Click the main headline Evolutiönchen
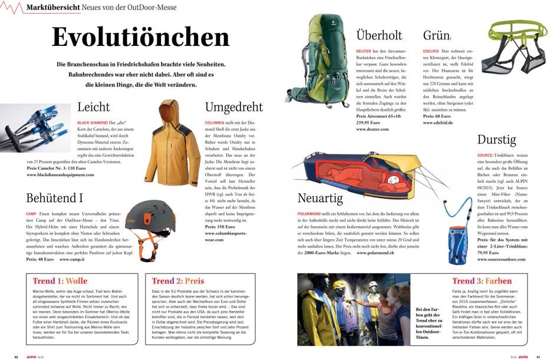point(140,37)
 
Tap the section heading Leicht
point(94,107)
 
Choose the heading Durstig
point(497,140)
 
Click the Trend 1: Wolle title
point(60,281)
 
